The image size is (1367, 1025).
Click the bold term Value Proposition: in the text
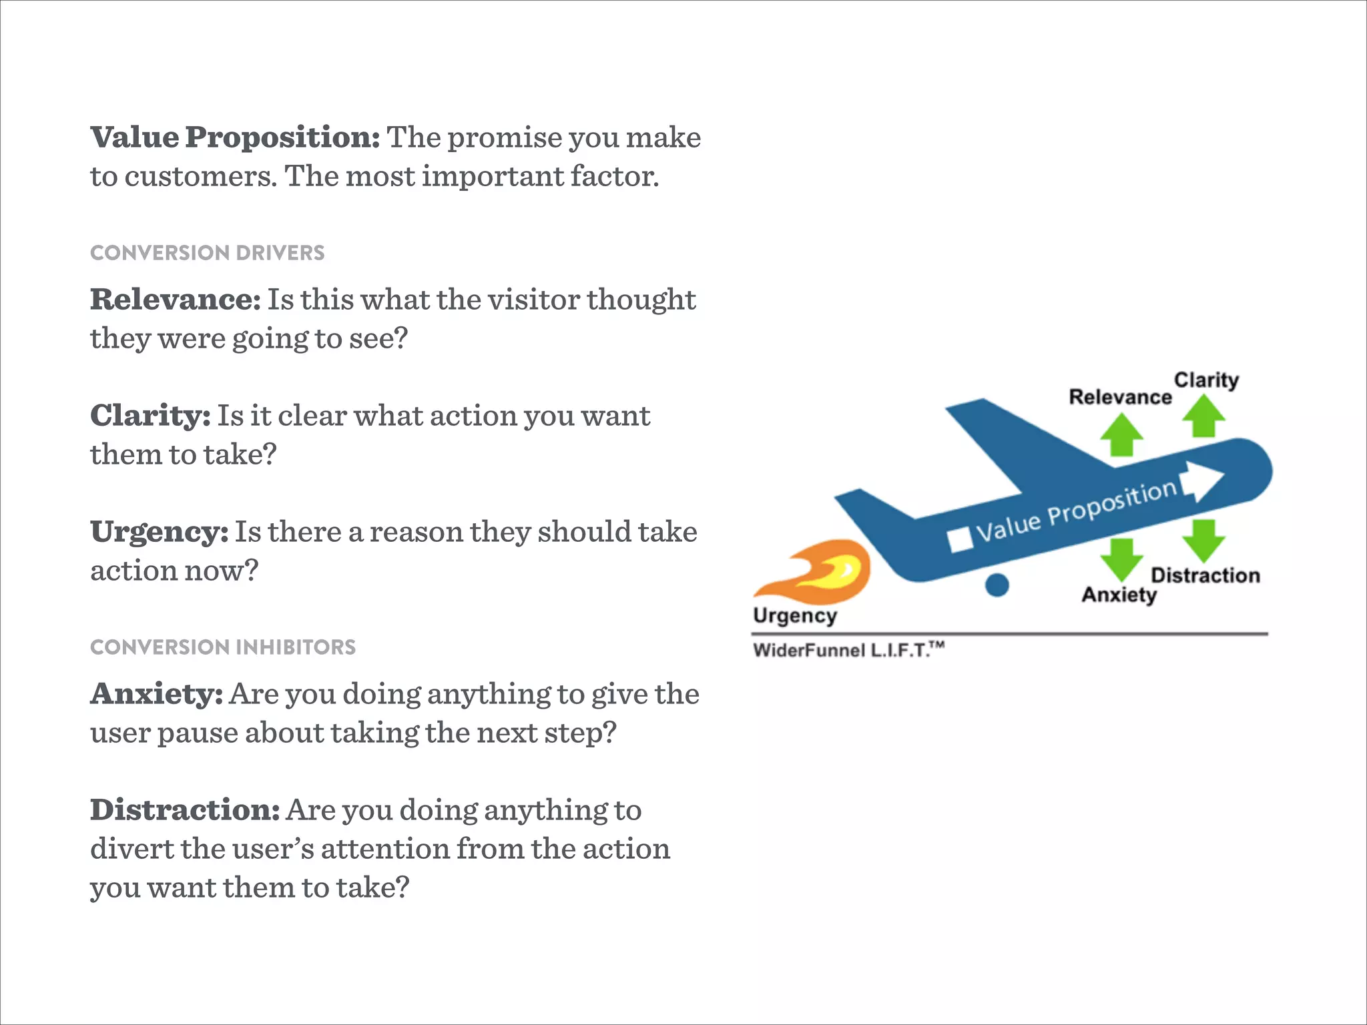click(235, 137)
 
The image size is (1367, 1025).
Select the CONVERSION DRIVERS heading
click(207, 253)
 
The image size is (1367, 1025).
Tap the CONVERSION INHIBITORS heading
click(222, 647)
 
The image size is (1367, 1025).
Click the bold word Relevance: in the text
click(175, 300)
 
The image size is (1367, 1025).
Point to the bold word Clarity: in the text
click(150, 416)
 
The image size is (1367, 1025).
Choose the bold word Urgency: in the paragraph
click(159, 532)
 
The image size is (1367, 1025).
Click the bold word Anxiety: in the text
click(156, 694)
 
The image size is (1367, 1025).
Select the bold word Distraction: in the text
click(185, 810)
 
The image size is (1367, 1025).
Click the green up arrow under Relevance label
click(1121, 434)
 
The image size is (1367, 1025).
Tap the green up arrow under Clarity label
click(1203, 416)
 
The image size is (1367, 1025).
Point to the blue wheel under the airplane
click(997, 585)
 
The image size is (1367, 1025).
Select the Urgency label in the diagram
click(794, 615)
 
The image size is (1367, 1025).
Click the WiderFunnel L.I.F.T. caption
click(848, 650)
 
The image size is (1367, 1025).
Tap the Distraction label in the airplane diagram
click(1205, 575)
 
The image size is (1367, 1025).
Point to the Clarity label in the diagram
click(1206, 380)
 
